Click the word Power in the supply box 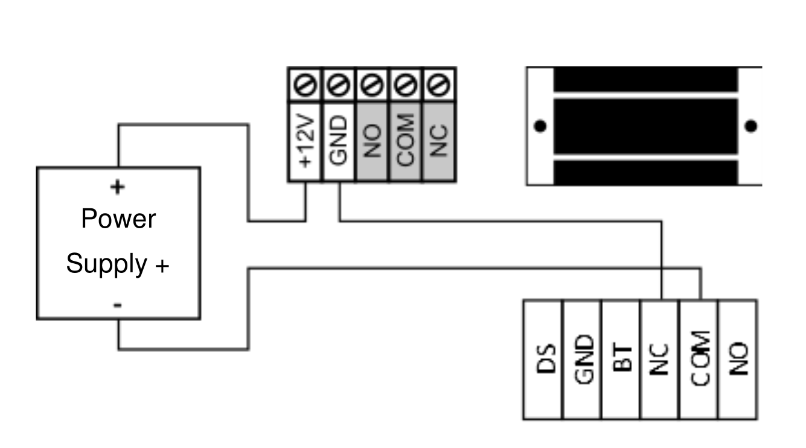[x=118, y=219]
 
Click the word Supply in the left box [x=106, y=264]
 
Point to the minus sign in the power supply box [x=118, y=305]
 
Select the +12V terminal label [x=305, y=141]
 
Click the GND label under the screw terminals [x=338, y=140]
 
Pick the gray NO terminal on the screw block [x=372, y=141]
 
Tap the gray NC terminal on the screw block [x=439, y=141]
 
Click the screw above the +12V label [x=305, y=85]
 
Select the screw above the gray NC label [x=439, y=85]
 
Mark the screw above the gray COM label [x=406, y=85]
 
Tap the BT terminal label [x=622, y=359]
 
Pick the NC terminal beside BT [x=659, y=359]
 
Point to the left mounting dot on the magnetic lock [x=540, y=126]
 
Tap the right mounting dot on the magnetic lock [x=750, y=126]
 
